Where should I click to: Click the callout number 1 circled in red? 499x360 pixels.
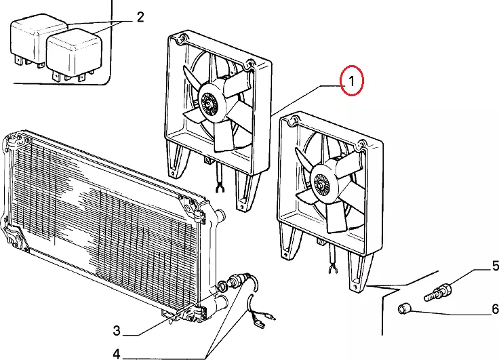click(x=351, y=81)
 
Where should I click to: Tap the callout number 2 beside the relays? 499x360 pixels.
click(x=140, y=17)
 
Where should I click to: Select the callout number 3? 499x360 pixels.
click(x=117, y=331)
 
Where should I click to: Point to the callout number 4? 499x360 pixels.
click(x=117, y=354)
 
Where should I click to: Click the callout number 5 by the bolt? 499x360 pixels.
click(x=495, y=266)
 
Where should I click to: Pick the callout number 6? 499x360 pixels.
click(x=495, y=308)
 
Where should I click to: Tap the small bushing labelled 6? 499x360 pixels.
click(x=405, y=308)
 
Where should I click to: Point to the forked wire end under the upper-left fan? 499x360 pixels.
click(x=220, y=188)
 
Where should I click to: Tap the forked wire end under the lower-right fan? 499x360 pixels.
click(x=333, y=269)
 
